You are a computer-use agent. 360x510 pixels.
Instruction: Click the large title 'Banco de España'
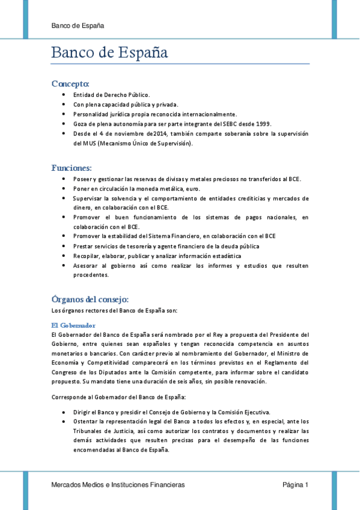(x=109, y=53)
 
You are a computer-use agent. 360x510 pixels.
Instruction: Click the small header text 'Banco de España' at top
(x=78, y=26)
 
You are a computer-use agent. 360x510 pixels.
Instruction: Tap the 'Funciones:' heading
(x=72, y=167)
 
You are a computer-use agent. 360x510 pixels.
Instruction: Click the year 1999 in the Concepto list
(x=263, y=123)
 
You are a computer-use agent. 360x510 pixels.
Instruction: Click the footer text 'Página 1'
(x=296, y=485)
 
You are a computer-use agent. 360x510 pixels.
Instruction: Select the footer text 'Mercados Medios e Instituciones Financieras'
(x=118, y=485)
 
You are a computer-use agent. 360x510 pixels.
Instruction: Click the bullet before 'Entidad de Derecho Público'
(x=64, y=95)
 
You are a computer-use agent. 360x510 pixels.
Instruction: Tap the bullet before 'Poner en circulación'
(x=64, y=188)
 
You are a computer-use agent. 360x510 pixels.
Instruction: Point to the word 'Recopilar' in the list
(x=87, y=256)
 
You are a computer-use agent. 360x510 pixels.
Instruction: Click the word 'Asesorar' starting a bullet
(x=85, y=265)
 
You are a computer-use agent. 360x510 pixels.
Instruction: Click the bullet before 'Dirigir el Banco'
(x=64, y=412)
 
